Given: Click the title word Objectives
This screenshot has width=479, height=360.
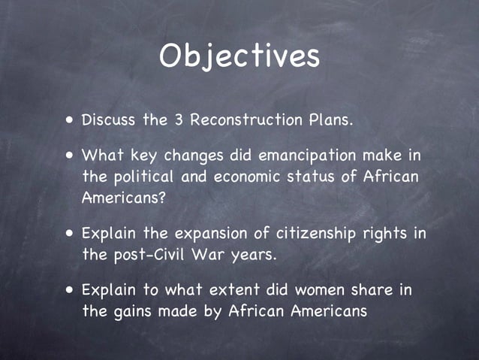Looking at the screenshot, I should pyautogui.click(x=239, y=56).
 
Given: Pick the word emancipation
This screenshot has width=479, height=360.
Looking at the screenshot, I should pyautogui.click(x=309, y=156).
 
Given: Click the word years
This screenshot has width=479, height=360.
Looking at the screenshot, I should pyautogui.click(x=252, y=256).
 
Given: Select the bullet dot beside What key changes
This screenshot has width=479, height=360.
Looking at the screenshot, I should pyautogui.click(x=69, y=156).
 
